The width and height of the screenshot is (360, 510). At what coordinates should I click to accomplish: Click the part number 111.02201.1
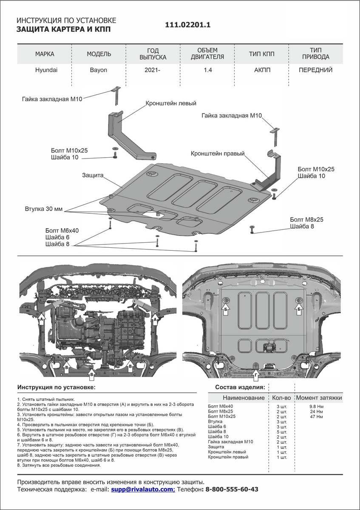(x=188, y=25)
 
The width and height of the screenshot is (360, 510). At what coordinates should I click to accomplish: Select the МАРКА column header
(x=45, y=54)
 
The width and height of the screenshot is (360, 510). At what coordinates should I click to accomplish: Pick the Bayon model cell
(x=99, y=70)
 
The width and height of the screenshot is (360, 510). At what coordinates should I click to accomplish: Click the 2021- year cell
(x=153, y=70)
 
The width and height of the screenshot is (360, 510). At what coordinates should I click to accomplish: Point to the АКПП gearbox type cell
(x=261, y=70)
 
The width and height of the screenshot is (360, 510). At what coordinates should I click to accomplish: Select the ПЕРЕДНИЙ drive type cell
(x=315, y=70)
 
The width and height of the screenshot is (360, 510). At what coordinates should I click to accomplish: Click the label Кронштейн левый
(x=171, y=103)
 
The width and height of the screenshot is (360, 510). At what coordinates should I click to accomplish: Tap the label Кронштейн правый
(x=218, y=153)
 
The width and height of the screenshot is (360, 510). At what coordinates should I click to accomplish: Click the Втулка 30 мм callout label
(x=43, y=209)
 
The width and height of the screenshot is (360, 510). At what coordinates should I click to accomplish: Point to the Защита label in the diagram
(x=94, y=175)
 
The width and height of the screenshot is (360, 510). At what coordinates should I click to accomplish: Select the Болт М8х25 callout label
(x=307, y=220)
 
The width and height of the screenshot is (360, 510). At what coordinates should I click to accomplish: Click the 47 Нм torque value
(x=317, y=417)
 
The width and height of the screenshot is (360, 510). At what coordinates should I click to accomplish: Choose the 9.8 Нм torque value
(x=317, y=407)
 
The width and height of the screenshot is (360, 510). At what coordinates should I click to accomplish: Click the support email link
(x=143, y=489)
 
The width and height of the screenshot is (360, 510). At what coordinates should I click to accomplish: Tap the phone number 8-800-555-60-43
(x=232, y=489)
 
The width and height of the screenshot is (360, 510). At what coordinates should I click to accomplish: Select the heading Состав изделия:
(x=240, y=387)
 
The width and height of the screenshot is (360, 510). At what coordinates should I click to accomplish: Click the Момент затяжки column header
(x=319, y=398)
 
